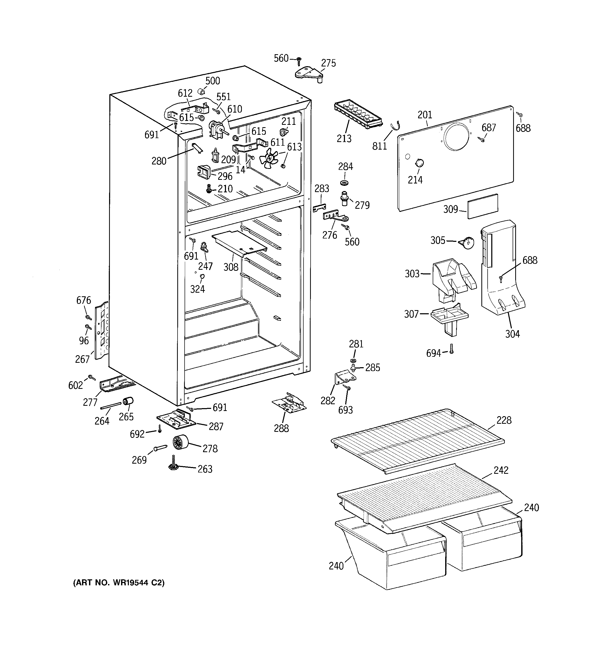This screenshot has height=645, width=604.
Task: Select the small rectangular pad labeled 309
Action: pos(482,206)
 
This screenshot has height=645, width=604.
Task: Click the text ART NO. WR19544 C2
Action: pos(119,583)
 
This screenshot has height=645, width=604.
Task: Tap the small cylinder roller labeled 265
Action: pos(128,402)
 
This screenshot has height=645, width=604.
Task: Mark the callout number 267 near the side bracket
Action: pos(82,359)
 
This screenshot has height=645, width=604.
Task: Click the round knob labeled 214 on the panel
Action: pos(419,163)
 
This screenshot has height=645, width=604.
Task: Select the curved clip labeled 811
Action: pos(395,125)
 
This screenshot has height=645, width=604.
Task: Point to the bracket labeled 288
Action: pos(289,404)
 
